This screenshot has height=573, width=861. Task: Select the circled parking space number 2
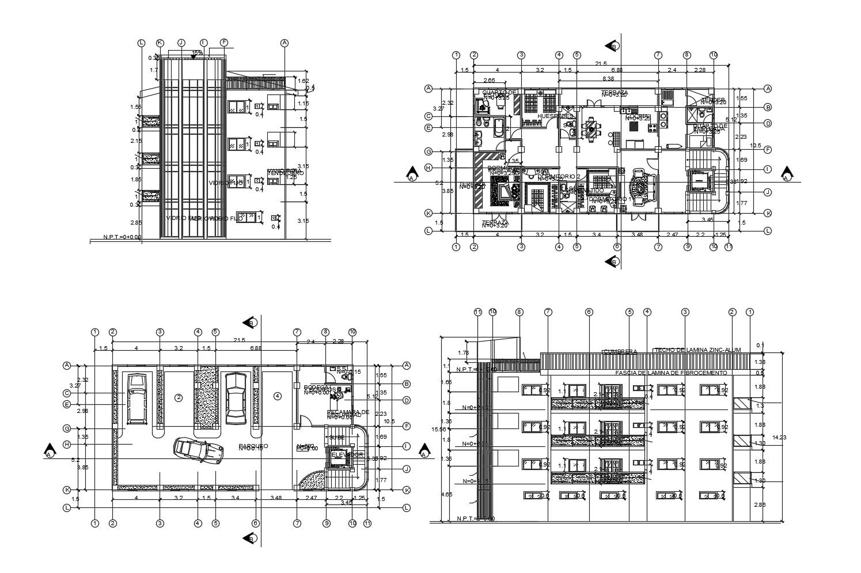179,397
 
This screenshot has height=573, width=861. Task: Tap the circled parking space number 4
278,396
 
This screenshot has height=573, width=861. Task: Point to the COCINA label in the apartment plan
637,116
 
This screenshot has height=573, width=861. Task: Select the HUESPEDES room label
555,116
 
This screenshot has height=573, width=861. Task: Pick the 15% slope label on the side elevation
197,53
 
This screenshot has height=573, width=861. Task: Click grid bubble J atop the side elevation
181,43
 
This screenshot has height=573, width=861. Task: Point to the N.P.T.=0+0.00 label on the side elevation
122,237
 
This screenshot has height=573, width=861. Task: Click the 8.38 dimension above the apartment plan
608,78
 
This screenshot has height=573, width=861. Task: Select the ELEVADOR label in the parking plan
347,454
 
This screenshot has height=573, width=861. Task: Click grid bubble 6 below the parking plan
255,523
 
